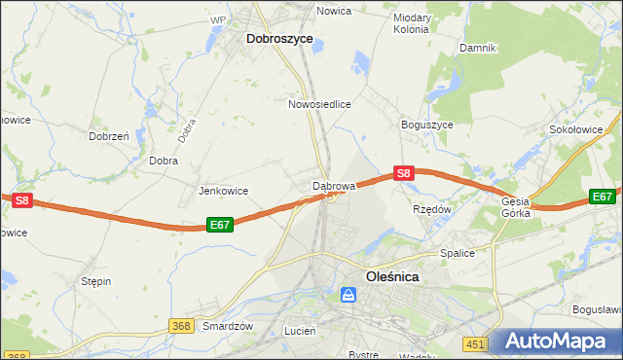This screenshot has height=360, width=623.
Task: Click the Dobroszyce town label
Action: (x=279, y=39)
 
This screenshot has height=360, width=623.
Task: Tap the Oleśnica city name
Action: (x=392, y=276)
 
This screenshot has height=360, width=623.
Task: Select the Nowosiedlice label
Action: (x=319, y=103)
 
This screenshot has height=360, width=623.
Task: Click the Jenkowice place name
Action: (x=224, y=191)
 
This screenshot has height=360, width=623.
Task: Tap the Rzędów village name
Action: (x=432, y=209)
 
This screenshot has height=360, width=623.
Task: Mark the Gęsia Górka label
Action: (x=516, y=207)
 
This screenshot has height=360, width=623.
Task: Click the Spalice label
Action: (x=457, y=253)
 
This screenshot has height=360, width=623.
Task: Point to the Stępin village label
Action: (x=96, y=281)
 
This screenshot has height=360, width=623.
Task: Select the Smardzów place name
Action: (x=228, y=326)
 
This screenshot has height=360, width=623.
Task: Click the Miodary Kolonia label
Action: (x=412, y=23)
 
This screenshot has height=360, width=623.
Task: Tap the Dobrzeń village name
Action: (x=109, y=137)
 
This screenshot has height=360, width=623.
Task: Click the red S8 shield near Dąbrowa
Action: (x=405, y=173)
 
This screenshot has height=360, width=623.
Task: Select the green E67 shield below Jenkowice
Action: (x=220, y=225)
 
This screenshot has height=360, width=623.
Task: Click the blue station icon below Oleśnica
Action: (x=348, y=295)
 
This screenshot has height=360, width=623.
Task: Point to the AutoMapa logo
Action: (x=555, y=342)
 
